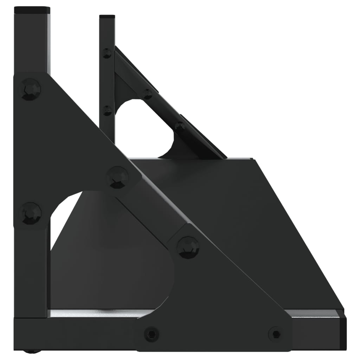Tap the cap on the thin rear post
tap(107, 17)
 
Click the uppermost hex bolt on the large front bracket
tap(30, 89)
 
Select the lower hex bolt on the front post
tap(30, 213)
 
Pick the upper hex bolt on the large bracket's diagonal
tap(117, 177)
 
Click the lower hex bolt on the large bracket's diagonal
tap(188, 247)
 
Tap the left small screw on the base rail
tap(151, 333)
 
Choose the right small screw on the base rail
tap(276, 333)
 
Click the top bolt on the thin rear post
tap(107, 53)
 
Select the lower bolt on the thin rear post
tap(107, 110)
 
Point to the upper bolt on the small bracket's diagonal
tap(148, 94)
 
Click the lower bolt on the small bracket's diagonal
tap(180, 127)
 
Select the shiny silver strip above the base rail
tap(98, 313)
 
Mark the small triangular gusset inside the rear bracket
tap(123, 88)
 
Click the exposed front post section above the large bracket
tap(32, 42)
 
